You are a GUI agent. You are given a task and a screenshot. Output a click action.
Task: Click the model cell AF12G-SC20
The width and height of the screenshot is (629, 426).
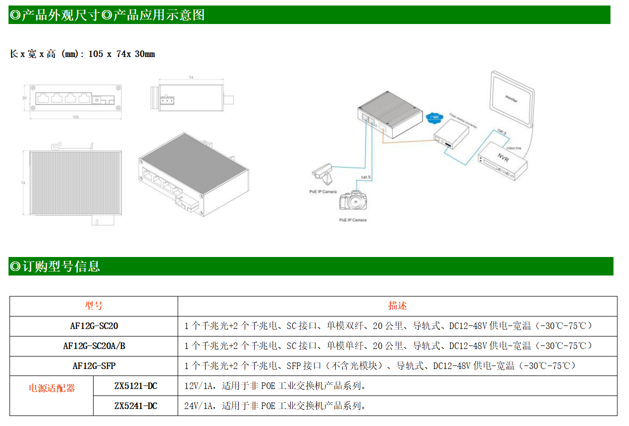pyautogui.click(x=94, y=326)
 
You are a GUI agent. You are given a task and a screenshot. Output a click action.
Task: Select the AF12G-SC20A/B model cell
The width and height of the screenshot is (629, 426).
pyautogui.click(x=94, y=346)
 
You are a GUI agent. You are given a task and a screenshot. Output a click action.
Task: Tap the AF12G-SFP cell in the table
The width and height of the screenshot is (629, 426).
pyautogui.click(x=94, y=366)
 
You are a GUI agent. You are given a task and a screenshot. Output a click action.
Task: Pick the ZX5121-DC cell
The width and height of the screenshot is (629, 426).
pyautogui.click(x=136, y=386)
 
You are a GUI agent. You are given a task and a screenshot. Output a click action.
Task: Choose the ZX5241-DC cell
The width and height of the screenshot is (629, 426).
pyautogui.click(x=136, y=406)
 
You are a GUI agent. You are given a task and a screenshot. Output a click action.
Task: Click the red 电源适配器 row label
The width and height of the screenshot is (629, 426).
pyautogui.click(x=52, y=388)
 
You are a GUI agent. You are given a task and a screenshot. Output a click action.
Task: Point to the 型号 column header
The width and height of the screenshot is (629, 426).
pyautogui.click(x=94, y=306)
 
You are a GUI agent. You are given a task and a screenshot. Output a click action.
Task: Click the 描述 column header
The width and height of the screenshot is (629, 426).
pyautogui.click(x=397, y=306)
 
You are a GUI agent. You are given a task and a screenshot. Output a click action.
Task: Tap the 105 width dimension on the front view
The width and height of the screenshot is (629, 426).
pyautogui.click(x=76, y=117)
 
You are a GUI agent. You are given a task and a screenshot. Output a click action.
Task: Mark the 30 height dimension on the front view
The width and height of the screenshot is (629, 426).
pyautogui.click(x=25, y=98)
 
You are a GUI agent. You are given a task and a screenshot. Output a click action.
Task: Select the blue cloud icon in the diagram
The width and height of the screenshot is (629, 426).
pyautogui.click(x=434, y=117)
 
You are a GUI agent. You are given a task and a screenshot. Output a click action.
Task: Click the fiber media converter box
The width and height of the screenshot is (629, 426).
pyautogui.click(x=451, y=135)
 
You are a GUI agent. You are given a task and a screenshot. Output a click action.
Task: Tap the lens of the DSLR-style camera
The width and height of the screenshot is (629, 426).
pyautogui.click(x=357, y=201)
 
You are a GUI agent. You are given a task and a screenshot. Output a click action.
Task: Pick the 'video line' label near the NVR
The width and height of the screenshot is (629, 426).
pyautogui.click(x=514, y=148)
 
